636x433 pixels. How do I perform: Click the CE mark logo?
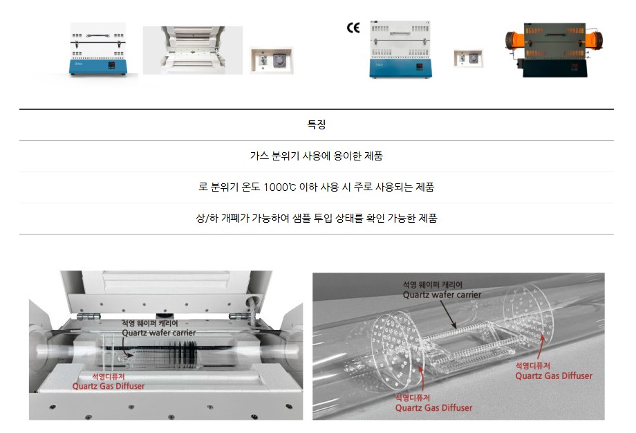pos(353,28)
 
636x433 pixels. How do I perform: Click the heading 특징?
pos(317,125)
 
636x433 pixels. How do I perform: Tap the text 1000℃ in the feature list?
pos(279,187)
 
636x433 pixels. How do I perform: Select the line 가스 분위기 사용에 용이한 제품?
pos(317,156)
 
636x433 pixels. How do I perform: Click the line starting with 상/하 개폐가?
pos(317,219)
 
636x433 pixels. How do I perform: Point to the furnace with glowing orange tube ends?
pos(554,50)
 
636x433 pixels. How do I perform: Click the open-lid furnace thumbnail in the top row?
pos(193,50)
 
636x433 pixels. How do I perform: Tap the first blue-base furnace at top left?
pos(97,49)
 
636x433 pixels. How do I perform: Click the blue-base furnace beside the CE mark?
pos(400,49)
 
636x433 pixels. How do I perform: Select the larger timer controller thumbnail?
pos(272,60)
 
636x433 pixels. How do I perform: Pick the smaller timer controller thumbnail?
pos(468,58)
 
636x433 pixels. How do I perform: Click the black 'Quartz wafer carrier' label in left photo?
pos(158,329)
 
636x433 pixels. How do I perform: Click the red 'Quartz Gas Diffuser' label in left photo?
pos(109,381)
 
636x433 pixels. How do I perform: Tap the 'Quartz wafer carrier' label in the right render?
pos(442,290)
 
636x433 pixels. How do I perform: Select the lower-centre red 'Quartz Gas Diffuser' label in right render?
pos(433,403)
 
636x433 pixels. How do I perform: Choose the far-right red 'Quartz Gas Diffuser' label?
pos(554,371)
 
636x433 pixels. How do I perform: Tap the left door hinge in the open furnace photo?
pos(88,316)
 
